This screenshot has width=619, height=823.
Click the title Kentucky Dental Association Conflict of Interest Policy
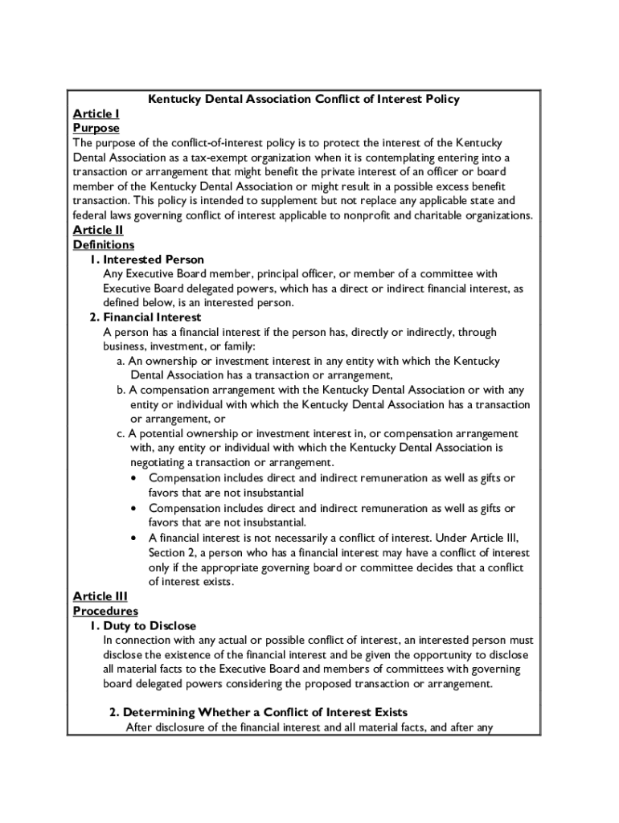coord(304,99)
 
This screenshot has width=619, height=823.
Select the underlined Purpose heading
coord(96,128)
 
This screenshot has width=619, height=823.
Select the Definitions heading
coord(103,244)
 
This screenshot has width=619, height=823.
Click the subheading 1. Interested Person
coord(146,259)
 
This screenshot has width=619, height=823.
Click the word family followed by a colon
coord(237,346)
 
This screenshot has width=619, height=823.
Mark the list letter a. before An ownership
coord(121,361)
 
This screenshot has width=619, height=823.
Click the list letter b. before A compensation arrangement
coord(121,390)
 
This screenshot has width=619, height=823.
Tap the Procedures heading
coord(105,611)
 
